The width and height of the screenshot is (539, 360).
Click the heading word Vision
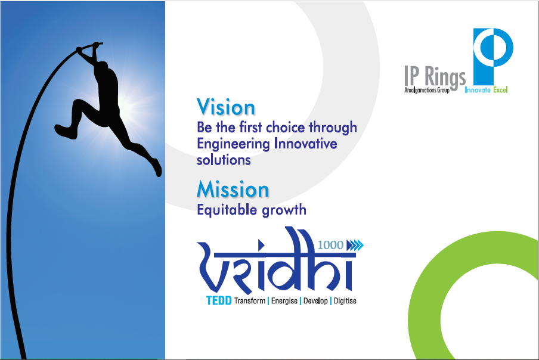pos(226,107)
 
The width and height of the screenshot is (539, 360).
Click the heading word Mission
pos(233,190)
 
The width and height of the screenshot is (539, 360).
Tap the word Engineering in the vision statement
pos(233,144)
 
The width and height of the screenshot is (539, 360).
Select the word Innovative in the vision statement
pos(306,143)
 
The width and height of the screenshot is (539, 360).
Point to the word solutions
pos(224,160)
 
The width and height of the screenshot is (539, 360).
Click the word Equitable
pos(227,210)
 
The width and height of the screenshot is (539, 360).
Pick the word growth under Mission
pos(284,210)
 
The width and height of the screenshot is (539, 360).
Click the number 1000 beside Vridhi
pos(330,245)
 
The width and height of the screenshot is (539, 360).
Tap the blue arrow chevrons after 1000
pos(355,246)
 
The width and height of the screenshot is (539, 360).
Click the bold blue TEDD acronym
pos(219,300)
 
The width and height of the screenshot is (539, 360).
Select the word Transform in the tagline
pos(250,300)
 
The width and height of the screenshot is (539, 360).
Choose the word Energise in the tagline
pos(284,300)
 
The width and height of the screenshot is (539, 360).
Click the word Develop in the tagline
pos(315,301)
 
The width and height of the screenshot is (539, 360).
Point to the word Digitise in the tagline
pos(345,301)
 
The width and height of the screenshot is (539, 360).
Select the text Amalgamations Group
pos(426,90)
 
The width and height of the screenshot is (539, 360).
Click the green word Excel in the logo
pos(500,90)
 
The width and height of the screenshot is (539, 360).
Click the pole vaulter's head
pos(101,67)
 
